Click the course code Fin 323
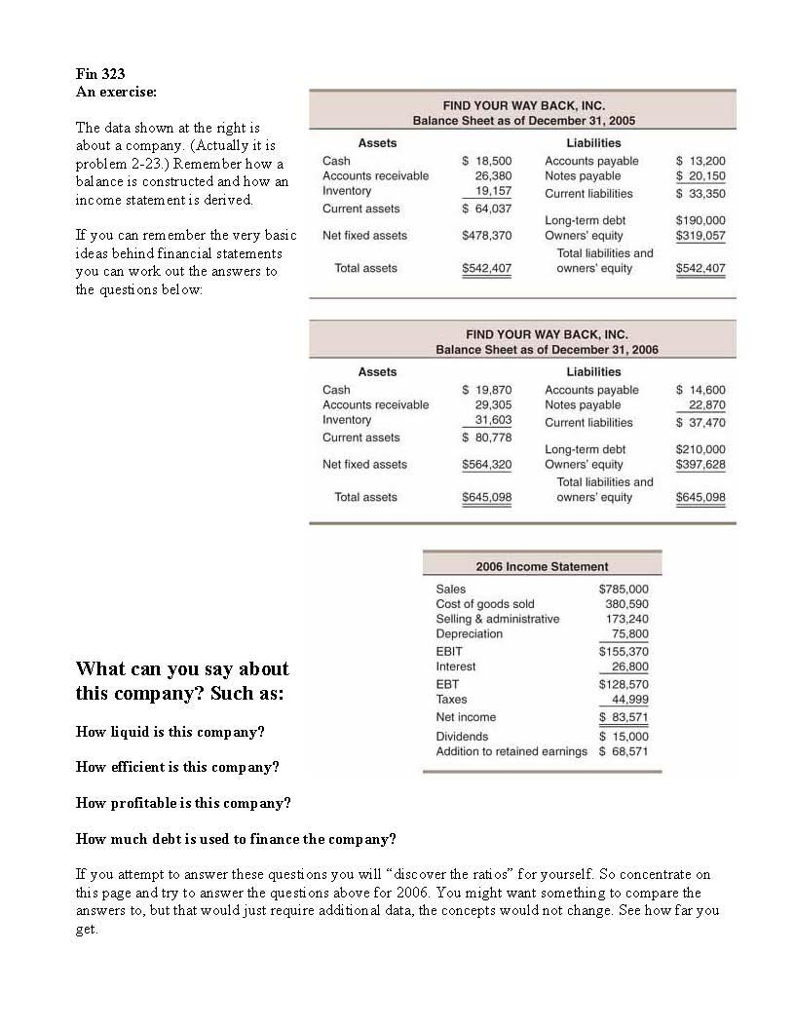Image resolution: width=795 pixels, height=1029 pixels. click(100, 73)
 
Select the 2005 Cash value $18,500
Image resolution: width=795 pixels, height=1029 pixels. click(487, 161)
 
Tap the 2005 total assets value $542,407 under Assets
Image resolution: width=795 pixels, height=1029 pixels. click(487, 268)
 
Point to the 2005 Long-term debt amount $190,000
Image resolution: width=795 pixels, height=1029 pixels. click(700, 220)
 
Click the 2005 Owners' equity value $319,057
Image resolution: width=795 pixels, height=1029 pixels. click(700, 235)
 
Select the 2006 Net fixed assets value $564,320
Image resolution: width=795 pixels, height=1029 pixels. click(487, 464)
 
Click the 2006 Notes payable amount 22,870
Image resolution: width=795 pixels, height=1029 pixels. click(706, 404)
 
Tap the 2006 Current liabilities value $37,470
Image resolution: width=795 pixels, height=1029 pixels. click(700, 422)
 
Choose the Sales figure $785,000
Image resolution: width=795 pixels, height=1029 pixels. click(624, 589)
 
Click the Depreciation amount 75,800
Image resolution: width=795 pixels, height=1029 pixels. click(629, 633)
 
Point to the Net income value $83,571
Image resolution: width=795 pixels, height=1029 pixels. click(624, 717)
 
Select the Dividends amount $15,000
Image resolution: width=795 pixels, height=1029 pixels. click(624, 737)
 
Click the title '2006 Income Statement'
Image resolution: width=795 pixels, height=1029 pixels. click(542, 566)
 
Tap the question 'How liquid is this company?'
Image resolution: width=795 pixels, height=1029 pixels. click(170, 731)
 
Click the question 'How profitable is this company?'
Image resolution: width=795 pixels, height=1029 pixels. click(183, 803)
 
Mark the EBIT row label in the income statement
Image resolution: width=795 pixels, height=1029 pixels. click(449, 651)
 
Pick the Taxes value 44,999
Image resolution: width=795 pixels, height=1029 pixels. click(629, 699)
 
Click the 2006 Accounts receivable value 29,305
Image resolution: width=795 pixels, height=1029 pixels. click(493, 404)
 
